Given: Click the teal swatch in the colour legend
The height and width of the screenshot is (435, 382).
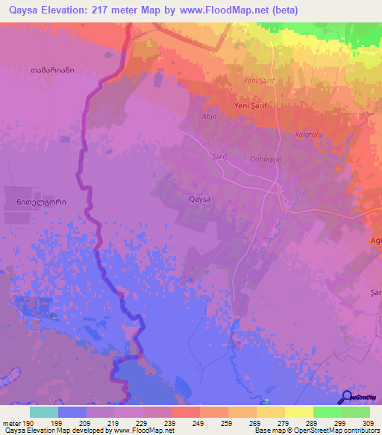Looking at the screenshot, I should pos(43,412).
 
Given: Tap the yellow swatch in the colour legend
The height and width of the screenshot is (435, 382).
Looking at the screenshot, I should pos(298,412).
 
